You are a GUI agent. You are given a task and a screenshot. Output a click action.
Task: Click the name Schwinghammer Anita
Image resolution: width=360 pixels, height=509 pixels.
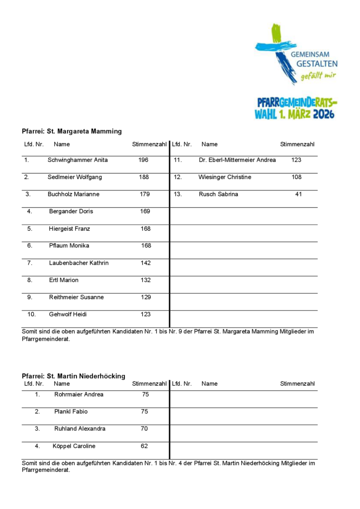tap(78, 160)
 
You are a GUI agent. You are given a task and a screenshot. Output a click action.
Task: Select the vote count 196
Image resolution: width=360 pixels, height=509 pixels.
tap(143, 160)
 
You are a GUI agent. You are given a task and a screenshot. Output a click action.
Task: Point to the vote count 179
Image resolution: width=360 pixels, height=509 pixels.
tap(145, 194)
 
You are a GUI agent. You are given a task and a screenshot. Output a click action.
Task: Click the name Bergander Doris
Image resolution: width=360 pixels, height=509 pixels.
tap(71, 211)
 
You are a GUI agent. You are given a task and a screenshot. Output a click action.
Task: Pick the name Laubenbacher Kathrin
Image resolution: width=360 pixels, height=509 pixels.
tap(79, 263)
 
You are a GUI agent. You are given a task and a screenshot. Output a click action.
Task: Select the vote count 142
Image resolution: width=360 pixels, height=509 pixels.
tap(145, 263)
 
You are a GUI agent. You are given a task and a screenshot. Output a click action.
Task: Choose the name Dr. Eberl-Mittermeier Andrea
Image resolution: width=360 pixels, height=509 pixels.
tap(237, 160)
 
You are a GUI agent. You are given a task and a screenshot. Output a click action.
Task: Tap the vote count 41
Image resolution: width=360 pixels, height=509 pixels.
tap(298, 194)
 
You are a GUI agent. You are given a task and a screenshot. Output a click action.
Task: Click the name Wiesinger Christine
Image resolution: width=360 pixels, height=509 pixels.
tap(225, 177)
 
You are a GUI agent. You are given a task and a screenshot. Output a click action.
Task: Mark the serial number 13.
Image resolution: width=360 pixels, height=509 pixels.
tap(178, 194)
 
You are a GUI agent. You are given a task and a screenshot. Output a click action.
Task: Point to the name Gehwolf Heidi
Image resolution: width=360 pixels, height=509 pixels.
tap(65, 314)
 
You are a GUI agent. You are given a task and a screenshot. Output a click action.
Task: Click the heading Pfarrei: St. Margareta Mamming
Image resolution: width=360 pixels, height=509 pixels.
tap(72, 132)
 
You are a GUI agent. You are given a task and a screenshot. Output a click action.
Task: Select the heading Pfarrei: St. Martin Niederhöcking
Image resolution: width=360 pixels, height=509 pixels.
tap(74, 376)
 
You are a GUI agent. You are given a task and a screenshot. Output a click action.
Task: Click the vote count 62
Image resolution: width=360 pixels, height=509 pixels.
tap(144, 446)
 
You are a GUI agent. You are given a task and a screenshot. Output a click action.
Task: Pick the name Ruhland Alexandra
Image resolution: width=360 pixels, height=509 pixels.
tap(80, 428)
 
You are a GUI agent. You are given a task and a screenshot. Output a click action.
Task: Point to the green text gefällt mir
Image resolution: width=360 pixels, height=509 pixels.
tap(318, 76)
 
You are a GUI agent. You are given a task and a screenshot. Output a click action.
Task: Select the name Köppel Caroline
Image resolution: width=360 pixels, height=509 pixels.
tap(74, 446)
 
